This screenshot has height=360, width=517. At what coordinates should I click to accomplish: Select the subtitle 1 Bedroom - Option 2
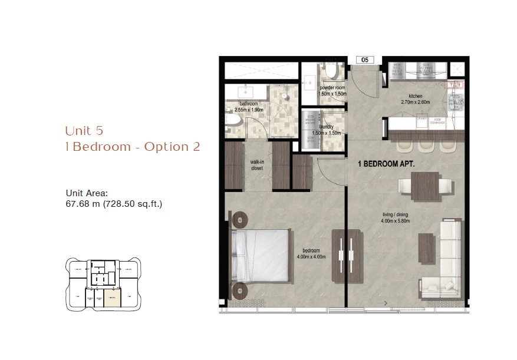(x=133, y=147)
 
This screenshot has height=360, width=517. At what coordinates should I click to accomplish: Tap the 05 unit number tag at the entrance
(x=365, y=60)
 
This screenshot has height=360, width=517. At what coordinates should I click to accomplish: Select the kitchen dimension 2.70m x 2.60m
(x=415, y=101)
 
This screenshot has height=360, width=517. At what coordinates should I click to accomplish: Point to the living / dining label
(x=401, y=216)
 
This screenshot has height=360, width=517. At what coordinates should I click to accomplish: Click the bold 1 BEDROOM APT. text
(x=386, y=166)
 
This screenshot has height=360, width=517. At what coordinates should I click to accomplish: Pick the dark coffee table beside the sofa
(x=424, y=246)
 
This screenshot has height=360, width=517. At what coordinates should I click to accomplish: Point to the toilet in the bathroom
(x=234, y=120)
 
